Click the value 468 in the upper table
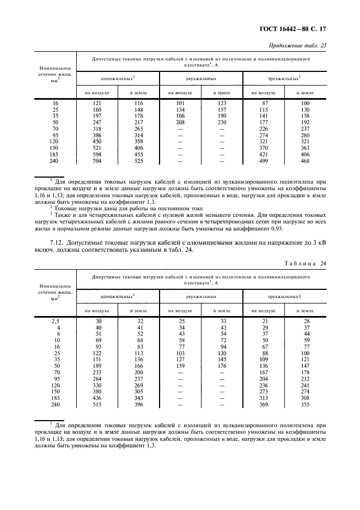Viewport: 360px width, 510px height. coord(304,161)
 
